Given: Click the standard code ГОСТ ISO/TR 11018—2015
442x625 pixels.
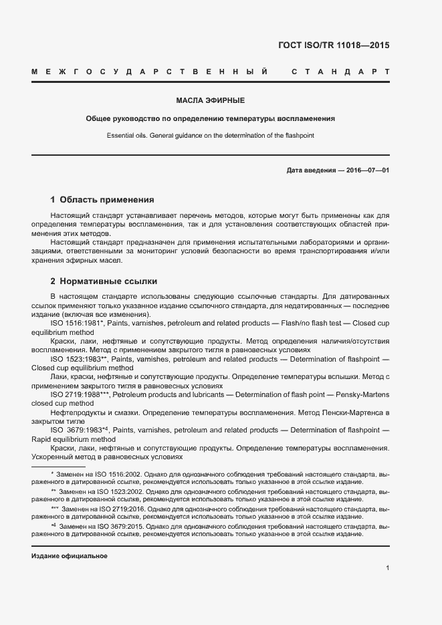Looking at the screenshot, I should [x=333, y=46].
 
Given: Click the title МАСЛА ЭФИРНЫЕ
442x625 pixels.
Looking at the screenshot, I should [x=210, y=100].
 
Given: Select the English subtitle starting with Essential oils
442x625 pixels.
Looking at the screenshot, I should [x=210, y=135].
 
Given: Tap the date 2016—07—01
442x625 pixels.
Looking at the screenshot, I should [x=368, y=170].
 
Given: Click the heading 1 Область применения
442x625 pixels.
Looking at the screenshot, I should [x=102, y=199].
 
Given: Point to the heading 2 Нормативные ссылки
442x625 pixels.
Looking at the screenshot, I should [x=104, y=281].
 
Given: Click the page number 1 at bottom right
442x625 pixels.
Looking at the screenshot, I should [x=387, y=568].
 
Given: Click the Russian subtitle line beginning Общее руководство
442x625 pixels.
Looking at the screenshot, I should [x=210, y=118].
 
